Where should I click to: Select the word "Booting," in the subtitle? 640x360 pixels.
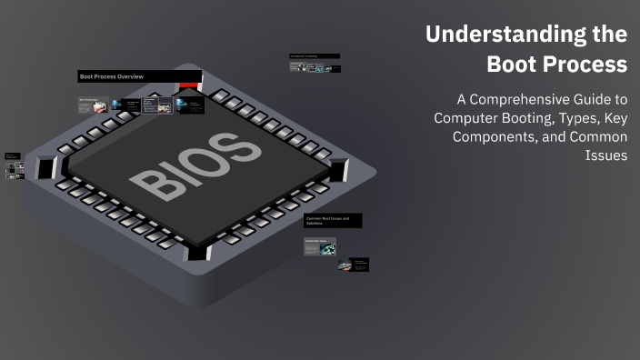tap(528, 118)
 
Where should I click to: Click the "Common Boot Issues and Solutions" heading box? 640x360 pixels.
tap(333, 221)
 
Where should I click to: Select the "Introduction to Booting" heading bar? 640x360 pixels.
tap(315, 55)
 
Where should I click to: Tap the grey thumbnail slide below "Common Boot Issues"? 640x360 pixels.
tap(320, 245)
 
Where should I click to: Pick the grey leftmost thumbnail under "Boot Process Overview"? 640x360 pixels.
tap(94, 105)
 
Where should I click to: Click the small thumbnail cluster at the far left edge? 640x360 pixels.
tap(15, 166)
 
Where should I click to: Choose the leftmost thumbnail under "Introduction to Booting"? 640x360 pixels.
tap(295, 66)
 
